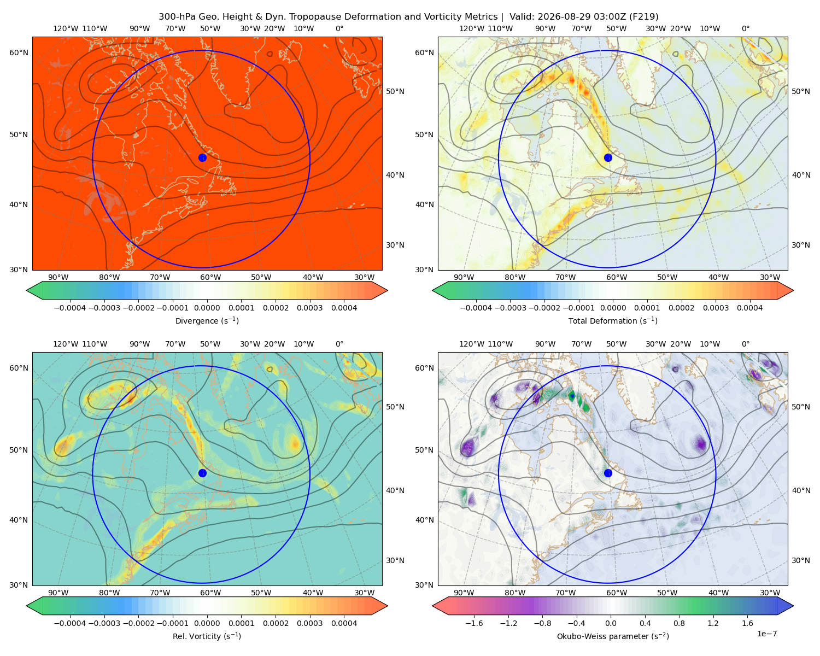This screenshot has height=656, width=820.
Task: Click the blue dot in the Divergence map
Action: pos(202,157)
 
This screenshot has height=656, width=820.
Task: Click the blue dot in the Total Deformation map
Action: pos(608,157)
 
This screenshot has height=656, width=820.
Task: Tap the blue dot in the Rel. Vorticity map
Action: pos(202,473)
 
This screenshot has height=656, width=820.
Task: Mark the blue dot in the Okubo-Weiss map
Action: pos(608,473)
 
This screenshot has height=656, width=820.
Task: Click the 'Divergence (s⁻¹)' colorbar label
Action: pos(207,320)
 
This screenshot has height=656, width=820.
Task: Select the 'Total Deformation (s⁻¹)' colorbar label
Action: pos(613,320)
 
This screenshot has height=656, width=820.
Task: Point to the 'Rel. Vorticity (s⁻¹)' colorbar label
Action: pos(207,636)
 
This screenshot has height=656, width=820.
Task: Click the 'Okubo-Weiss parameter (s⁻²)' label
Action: pos(613,636)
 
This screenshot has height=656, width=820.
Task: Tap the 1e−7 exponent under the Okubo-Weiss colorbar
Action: pos(766,634)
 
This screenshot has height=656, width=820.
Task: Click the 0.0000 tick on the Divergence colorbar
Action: pos(207,308)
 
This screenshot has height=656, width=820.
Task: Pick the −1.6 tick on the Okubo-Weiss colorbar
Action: pos(474,623)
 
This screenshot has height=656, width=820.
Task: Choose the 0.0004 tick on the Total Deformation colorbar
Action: pos(749,308)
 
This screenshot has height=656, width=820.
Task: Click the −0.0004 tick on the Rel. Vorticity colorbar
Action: pos(70,623)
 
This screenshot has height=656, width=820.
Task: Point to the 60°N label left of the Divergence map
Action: pos(19,52)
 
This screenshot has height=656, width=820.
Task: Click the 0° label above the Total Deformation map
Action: pos(745,28)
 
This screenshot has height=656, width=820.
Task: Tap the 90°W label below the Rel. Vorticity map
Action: pos(58,593)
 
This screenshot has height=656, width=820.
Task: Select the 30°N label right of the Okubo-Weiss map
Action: pos(800,560)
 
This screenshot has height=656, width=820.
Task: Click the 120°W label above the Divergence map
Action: pos(66,28)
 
